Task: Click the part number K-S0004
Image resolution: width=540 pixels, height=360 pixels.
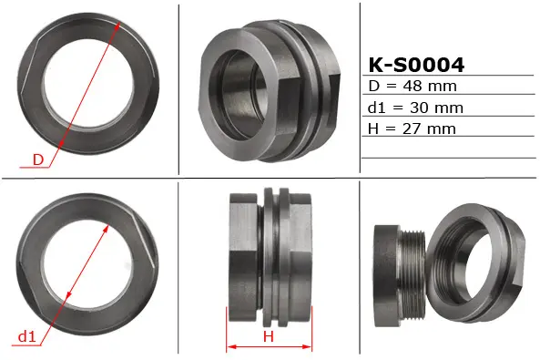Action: (x=416, y=65)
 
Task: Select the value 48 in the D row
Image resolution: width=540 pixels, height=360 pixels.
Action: (x=413, y=86)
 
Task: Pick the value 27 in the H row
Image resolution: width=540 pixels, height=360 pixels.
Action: (x=412, y=129)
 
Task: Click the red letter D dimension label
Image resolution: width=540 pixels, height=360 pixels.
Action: (x=38, y=159)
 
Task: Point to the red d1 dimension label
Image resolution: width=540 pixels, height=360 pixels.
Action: (x=26, y=336)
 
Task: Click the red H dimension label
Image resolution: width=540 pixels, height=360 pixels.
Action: (x=269, y=336)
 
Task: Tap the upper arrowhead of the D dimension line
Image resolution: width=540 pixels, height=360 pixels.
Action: (x=117, y=26)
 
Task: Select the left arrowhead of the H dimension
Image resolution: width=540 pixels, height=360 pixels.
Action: (x=231, y=346)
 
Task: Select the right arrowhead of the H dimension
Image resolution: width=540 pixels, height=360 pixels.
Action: (x=308, y=346)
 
